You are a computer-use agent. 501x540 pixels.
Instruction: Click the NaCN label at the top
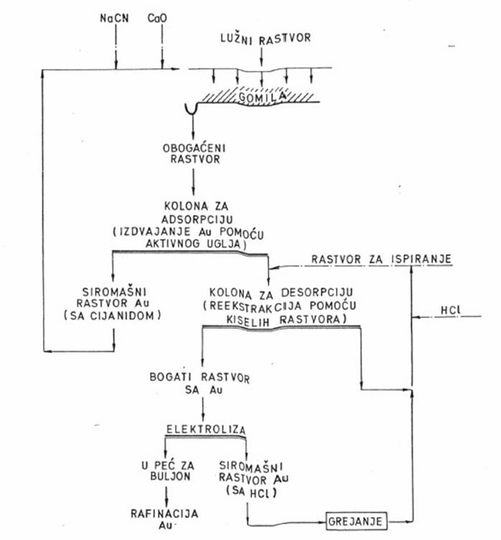point(114,17)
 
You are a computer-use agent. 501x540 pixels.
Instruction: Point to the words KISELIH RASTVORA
point(281,317)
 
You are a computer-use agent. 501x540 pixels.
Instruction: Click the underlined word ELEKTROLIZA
point(205,429)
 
